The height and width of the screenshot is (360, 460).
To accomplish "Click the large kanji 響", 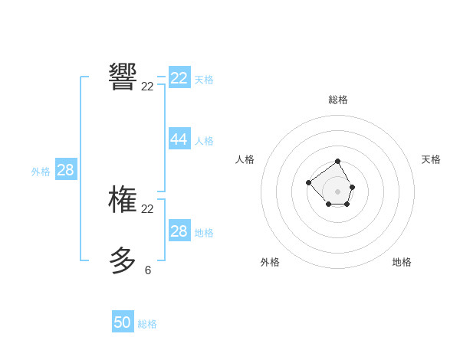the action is pos(123,77).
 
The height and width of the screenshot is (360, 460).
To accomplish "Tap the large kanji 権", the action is pos(123,199).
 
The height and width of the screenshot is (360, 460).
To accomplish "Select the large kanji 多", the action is pos(123,260).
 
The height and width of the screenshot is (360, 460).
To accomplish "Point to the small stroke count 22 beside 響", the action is pos(147,87).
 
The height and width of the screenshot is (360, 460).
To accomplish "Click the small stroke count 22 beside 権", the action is pos(147,209).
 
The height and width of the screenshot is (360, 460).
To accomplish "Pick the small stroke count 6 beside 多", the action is pos(147,270).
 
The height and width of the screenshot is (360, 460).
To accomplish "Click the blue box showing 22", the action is pos(179,78).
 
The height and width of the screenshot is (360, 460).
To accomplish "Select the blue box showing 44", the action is pos(179,139).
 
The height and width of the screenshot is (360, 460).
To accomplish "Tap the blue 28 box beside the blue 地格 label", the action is pos(179,231).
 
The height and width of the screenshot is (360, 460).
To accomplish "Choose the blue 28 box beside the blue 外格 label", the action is pos(66,170).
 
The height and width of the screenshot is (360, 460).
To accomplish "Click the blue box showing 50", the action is pos(123,322).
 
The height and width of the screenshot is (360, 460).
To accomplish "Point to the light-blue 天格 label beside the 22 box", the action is pos(204,80).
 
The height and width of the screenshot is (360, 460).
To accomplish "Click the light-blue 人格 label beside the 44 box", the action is pos(204,141).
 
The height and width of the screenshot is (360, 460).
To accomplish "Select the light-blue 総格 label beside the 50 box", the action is pos(147,324).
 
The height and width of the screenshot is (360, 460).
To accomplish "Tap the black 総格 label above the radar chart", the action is pos(338,100).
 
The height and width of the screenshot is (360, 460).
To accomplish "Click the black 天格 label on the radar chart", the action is pos(431,159).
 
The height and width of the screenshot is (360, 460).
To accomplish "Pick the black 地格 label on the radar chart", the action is pos(402,262).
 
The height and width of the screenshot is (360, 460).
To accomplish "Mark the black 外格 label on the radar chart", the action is pos(270,262).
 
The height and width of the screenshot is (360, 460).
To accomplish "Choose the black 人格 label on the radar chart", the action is pos(245,159).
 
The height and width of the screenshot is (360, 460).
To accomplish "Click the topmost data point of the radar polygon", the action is pos(338,161).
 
